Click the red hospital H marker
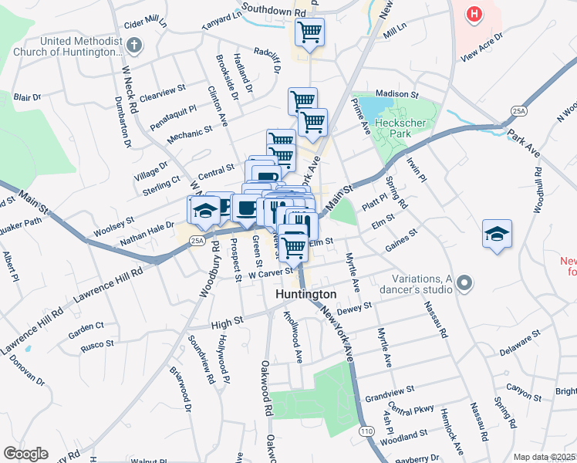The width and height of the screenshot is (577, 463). [474, 14]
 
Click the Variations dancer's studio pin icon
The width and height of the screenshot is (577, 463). [463, 283]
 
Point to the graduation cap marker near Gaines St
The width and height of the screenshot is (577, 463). [497, 235]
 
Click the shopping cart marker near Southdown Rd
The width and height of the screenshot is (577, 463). [309, 32]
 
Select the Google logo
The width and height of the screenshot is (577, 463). [25, 453]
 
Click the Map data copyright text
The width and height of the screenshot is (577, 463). [544, 457]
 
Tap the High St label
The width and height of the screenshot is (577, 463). [227, 319]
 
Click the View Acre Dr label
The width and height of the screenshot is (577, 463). [481, 46]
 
